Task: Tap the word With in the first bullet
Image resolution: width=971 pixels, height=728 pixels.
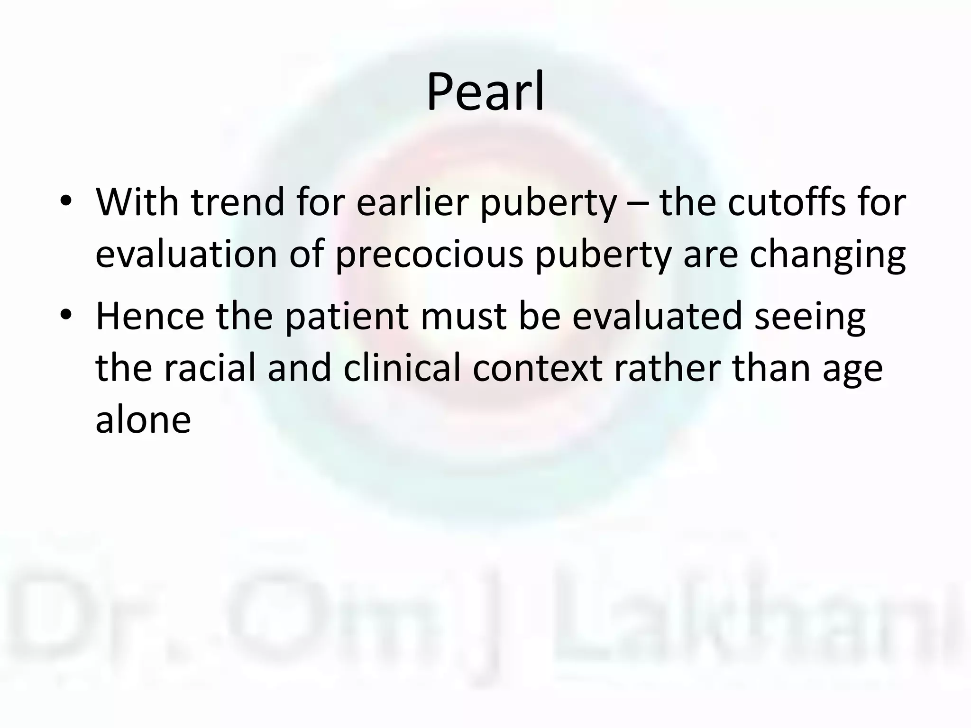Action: pos(137,202)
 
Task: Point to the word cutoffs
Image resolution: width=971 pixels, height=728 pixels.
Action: pos(787,202)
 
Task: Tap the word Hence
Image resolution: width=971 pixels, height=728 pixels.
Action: pos(150,316)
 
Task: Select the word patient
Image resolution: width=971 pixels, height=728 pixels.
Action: pos(347,316)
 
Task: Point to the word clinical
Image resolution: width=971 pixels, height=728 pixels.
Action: pos(403,368)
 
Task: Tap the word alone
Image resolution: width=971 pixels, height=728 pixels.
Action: pos(143,420)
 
